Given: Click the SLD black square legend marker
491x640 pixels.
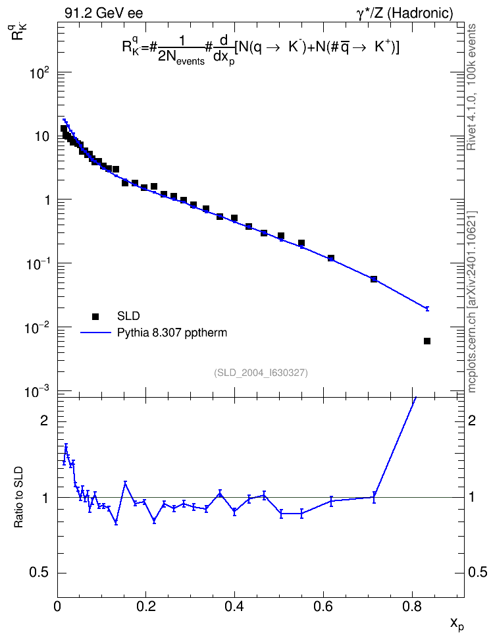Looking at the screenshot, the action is (x=95, y=316).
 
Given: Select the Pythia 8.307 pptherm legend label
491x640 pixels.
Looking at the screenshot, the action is (x=172, y=333).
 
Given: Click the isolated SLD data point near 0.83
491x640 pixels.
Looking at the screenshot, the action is (x=427, y=341).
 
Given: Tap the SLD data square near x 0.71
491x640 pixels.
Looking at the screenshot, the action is (x=373, y=279).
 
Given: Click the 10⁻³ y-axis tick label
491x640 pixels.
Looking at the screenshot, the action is (x=37, y=392).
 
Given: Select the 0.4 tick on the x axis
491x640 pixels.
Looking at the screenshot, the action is (x=235, y=606).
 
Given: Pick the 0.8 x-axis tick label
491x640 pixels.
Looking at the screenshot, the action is (x=412, y=606).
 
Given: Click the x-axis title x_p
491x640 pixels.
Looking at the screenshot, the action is (x=457, y=624).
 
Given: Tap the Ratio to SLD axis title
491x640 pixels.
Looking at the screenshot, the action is (x=19, y=497).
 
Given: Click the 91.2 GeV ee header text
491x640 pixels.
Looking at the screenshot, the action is (x=104, y=13).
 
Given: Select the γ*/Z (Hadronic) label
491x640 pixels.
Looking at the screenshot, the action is (x=405, y=13).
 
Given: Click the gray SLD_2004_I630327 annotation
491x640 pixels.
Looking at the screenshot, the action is (x=261, y=373).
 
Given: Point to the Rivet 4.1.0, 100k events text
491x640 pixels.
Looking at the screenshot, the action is (x=471, y=87).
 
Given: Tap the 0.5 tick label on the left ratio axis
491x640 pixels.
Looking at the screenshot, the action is (x=38, y=573).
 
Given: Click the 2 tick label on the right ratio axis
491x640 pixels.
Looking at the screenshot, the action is (x=472, y=421).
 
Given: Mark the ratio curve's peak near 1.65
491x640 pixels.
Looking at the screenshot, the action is (x=66, y=448).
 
